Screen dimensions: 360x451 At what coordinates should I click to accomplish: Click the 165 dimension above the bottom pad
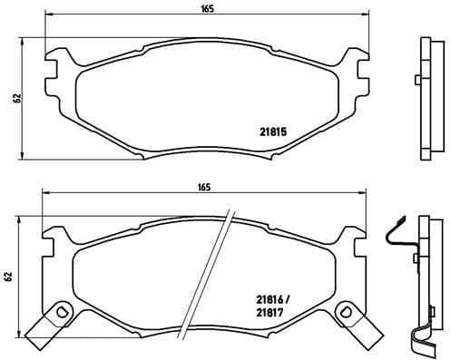pyautogui.click(x=204, y=188)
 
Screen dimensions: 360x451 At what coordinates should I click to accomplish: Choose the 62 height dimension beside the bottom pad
pyautogui.click(x=8, y=277)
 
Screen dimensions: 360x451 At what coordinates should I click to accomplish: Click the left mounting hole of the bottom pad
pyautogui.click(x=62, y=313)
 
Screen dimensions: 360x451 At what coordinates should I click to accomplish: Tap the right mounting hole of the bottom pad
pyautogui.click(x=344, y=313)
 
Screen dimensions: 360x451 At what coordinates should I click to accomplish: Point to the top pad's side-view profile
pyautogui.click(x=426, y=98)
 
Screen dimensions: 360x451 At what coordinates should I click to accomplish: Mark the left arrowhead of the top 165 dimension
pyautogui.click(x=48, y=16)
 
